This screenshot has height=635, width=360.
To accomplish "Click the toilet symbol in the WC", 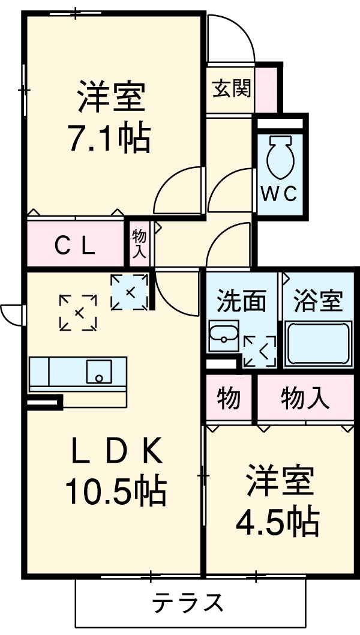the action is pos(280,157).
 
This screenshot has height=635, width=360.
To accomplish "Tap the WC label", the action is pos(279,194).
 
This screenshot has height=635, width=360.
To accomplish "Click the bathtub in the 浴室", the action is pos(317,344).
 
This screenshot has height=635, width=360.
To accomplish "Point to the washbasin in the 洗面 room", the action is pos(223,336).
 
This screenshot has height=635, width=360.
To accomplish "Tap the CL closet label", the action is pos(75,245).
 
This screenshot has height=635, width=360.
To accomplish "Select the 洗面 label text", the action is pos(242,301).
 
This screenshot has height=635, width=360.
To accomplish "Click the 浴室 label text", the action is pos(318,301).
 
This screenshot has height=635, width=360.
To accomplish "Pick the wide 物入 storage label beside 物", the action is pos(305,399).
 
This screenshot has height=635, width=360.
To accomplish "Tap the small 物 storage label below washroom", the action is pos(229,399).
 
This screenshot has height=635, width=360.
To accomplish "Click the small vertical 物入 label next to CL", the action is pos(139,244).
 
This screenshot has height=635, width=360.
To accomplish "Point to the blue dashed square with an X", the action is pos(130,292).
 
